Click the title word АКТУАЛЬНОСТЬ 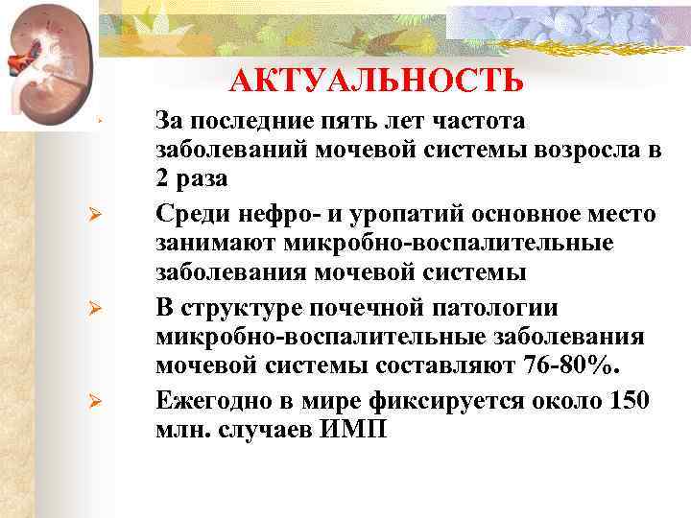point(377,81)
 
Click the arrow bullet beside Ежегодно point(95,400)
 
